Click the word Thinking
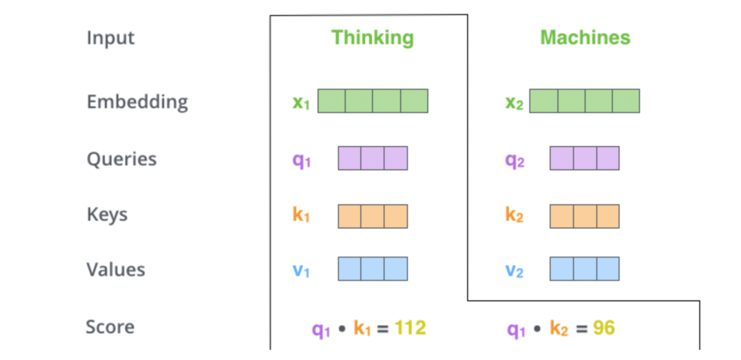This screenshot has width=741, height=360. click(373, 37)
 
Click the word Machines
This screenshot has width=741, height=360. click(585, 37)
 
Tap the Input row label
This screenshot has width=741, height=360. click(110, 38)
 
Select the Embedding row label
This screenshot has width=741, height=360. click(137, 101)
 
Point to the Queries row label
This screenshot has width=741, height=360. click(121, 159)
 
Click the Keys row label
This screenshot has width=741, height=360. click(107, 215)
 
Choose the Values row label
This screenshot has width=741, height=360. click(115, 269)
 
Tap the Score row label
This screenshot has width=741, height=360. click(110, 327)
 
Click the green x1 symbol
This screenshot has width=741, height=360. click(301, 103)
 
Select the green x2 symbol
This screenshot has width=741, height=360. click(514, 103)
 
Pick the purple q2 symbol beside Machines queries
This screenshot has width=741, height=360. click(514, 160)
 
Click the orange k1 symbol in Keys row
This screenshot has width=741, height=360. click(301, 215)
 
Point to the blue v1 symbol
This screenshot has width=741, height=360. click(301, 270)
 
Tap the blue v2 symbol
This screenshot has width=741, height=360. click(514, 270)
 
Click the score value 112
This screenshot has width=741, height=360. click(410, 328)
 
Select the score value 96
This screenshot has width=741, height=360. click(604, 328)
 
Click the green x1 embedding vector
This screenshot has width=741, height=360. click(373, 101)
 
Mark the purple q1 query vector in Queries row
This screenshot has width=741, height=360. click(373, 158)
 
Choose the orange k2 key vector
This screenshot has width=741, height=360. click(585, 216)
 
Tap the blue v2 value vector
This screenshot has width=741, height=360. click(585, 269)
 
